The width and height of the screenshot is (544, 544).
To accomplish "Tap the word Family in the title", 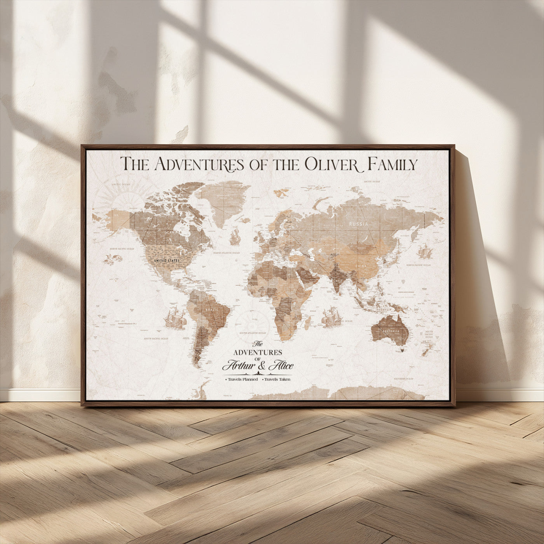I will coord(392,164).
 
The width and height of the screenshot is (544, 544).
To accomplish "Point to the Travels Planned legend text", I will coord(242,379).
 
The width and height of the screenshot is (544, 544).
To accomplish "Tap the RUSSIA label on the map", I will coord(358,224).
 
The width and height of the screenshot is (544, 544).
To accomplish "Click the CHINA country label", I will coord(361,266).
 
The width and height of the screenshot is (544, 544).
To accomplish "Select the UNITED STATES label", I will coord(167,260).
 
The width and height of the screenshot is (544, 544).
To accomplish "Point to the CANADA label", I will coord(174,233).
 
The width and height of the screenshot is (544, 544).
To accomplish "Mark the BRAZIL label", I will coord(212,309).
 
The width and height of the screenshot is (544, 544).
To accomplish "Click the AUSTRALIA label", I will coord(391,331).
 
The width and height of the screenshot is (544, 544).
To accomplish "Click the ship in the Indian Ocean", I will coord(331,316).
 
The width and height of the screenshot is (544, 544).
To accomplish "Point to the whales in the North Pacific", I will coord(113,258).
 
